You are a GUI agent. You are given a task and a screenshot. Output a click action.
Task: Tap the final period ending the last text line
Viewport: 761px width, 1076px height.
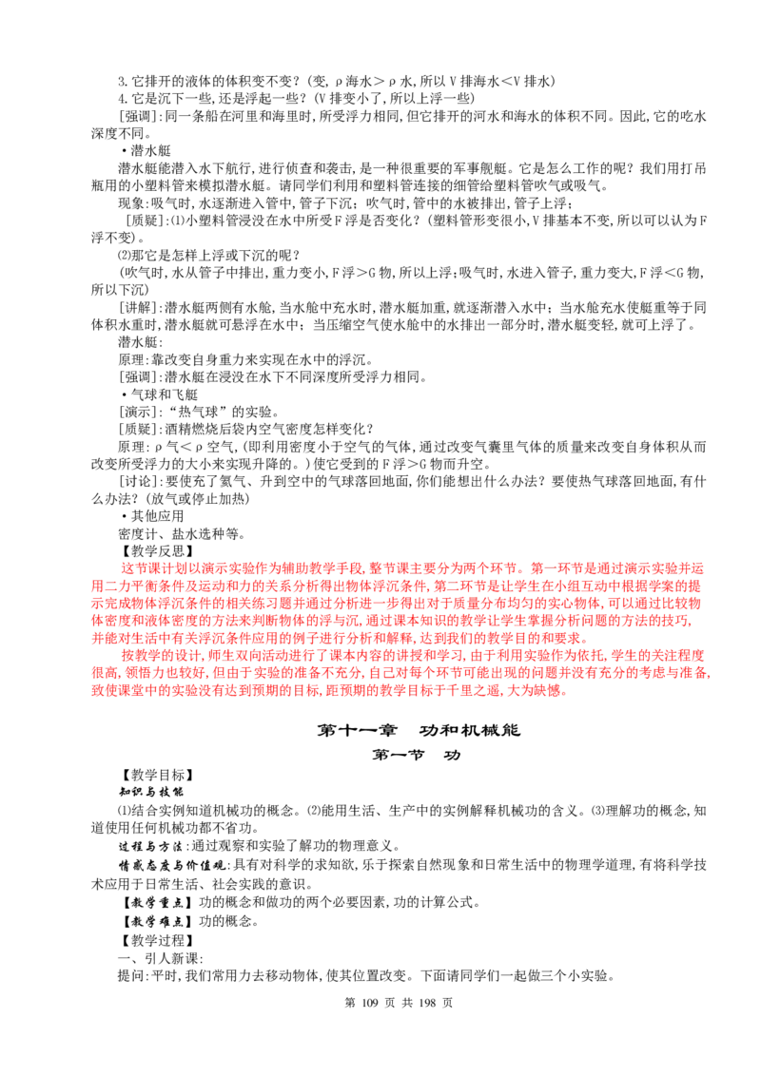[569, 693]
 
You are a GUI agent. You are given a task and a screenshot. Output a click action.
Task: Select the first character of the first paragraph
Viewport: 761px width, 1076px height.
[126, 568]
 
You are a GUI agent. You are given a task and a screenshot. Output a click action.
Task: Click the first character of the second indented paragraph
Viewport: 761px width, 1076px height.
[126, 656]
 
